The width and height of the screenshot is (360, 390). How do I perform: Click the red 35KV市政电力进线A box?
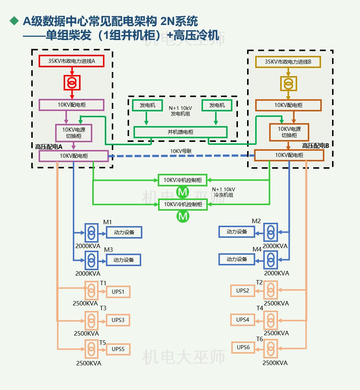(72, 61)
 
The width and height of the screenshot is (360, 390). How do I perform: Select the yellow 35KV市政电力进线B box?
(288, 62)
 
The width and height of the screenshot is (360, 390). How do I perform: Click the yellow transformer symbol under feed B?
(288, 83)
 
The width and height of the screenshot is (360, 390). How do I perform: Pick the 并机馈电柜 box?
(180, 132)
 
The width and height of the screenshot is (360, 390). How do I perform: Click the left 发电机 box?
(147, 105)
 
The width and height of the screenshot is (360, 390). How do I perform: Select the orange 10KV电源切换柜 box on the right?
(289, 132)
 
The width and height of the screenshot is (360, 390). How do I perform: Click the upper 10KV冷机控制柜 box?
(183, 180)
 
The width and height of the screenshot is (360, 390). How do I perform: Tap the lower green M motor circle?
(183, 217)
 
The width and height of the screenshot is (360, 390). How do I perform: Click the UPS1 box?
(118, 292)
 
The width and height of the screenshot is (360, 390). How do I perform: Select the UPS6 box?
(243, 347)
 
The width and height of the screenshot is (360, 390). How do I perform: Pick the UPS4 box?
(243, 320)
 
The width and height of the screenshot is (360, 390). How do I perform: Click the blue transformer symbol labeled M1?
(91, 232)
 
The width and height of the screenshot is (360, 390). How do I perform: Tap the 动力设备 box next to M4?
(237, 259)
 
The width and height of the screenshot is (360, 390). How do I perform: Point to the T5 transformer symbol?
(91, 349)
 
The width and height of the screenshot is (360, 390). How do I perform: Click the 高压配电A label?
(49, 146)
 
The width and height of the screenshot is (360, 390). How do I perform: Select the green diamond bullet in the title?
(14, 21)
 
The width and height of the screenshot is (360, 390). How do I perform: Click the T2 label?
(259, 282)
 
